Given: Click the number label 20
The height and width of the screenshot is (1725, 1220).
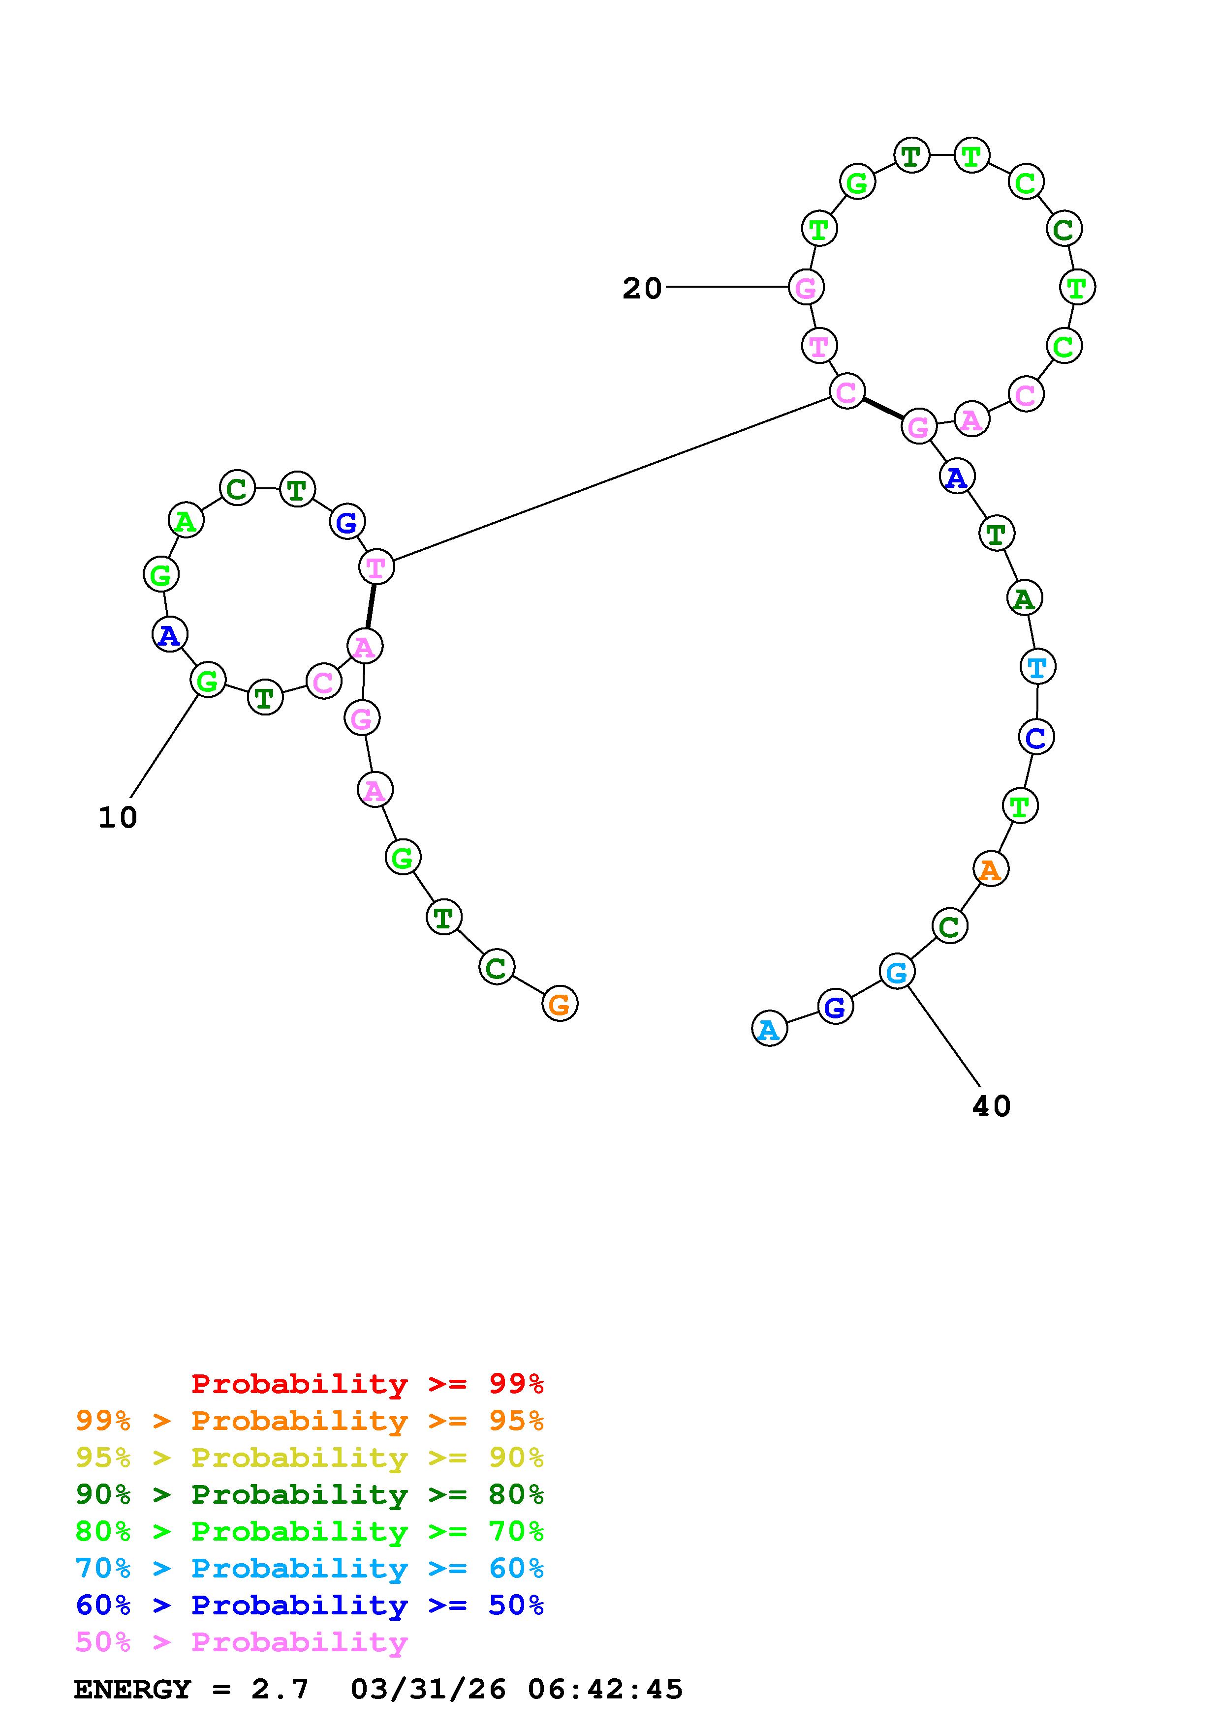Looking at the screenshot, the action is coord(641,289).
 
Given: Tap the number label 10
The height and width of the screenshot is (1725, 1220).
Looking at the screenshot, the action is coord(118,818).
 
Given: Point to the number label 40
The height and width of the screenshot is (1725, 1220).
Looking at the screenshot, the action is coord(991,1107).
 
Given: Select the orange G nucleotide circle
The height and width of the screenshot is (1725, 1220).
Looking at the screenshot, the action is coord(559,1004).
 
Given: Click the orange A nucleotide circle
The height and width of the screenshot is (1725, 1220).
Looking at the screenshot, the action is coord(990,870).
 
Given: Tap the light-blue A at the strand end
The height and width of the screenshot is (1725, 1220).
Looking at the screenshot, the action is coord(769,1029).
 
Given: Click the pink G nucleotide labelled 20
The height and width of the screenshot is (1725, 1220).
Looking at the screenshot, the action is coord(806,288).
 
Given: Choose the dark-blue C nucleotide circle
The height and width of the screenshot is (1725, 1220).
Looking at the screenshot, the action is coord(1036,737).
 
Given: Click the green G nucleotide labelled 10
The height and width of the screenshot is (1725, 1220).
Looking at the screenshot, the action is coord(208,681).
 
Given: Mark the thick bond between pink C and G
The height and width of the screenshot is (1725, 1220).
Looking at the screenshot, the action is coord(882,409).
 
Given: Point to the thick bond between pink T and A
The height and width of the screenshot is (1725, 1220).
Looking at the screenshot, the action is coord(370,606).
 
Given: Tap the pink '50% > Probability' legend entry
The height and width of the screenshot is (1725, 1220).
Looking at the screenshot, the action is coord(241,1642).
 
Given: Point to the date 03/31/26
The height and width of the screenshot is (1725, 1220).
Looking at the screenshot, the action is coord(428,1690).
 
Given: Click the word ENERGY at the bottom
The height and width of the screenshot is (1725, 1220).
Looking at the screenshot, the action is coord(132,1690).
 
